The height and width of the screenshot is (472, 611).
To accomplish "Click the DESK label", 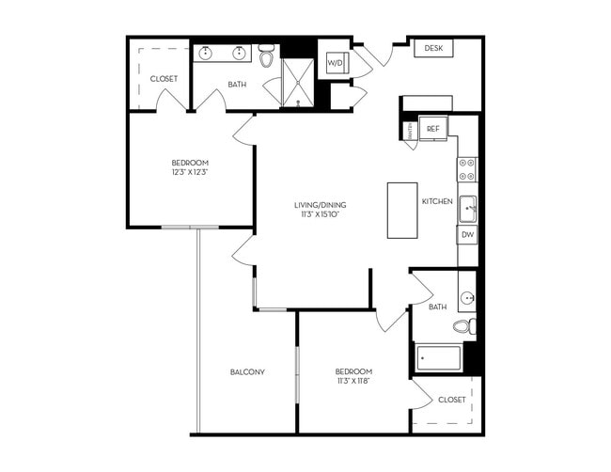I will (x=433, y=48).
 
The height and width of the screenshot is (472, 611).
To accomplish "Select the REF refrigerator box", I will (x=433, y=129).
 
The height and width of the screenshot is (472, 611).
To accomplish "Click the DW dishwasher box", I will (x=467, y=234).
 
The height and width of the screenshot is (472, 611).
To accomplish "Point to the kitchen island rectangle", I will (x=401, y=211).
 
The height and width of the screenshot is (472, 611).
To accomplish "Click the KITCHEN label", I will (x=437, y=201).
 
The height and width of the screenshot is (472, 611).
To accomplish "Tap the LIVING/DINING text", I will (x=314, y=204).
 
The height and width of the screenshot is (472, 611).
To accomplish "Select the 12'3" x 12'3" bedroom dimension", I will (x=189, y=172).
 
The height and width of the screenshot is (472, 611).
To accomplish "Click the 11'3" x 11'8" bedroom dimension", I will (x=353, y=381).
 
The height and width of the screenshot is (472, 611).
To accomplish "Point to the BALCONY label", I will (x=247, y=372).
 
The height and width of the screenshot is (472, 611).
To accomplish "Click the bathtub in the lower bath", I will (x=438, y=358).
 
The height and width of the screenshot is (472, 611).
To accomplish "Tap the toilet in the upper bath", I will (x=267, y=58).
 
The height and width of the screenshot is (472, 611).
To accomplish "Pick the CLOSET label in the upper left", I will (x=164, y=79).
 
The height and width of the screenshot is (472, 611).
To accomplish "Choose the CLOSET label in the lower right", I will (x=451, y=400).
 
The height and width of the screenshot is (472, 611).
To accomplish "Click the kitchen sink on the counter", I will (x=467, y=208).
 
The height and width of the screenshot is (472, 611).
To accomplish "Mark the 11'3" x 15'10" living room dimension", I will (x=314, y=214).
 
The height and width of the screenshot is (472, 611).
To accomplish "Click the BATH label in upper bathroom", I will (x=237, y=85).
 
